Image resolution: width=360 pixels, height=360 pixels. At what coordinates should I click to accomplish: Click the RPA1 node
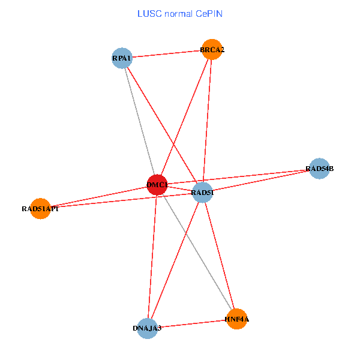point(122,58)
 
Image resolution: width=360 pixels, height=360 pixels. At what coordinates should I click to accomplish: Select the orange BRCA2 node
point(212,50)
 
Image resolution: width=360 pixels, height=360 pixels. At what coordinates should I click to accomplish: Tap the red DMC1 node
point(157,185)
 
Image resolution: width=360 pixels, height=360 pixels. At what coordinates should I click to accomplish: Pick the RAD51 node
point(203,193)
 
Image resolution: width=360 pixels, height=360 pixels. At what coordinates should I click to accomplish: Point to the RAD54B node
point(319,169)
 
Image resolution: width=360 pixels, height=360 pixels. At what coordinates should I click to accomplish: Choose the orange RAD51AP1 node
point(40,209)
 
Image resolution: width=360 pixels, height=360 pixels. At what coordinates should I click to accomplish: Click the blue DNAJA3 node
point(147,328)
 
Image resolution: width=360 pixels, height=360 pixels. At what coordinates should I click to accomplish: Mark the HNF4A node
point(236,319)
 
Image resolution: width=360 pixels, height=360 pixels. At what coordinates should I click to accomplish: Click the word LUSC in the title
point(148,13)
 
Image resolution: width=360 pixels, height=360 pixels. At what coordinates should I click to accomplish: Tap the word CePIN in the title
point(208,13)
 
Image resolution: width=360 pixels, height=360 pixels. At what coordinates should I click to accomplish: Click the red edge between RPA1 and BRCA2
point(167,54)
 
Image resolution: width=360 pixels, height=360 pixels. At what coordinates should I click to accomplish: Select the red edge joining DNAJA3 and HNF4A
point(192,324)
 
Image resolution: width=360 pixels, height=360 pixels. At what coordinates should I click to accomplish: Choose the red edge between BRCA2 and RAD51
point(208,120)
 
